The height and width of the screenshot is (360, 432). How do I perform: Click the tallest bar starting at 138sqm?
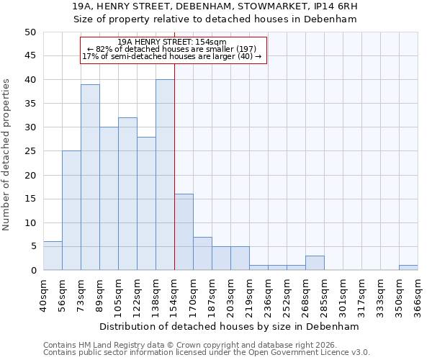click(x=165, y=175)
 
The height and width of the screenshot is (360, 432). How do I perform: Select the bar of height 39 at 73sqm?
click(x=90, y=177)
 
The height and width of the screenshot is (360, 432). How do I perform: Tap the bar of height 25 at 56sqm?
click(x=71, y=210)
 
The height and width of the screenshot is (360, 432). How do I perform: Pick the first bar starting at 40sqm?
click(x=53, y=256)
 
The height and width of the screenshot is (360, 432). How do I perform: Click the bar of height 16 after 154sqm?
click(x=184, y=232)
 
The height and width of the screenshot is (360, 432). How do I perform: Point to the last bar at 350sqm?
click(x=408, y=268)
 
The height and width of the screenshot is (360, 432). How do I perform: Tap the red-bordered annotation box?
click(x=173, y=50)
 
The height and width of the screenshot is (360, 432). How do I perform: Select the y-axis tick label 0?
click(x=32, y=271)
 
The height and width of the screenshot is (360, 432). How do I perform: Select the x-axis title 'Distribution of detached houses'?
click(x=230, y=326)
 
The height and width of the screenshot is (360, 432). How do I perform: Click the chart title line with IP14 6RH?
click(x=215, y=6)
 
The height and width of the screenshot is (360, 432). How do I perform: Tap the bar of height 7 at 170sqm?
click(x=202, y=253)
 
